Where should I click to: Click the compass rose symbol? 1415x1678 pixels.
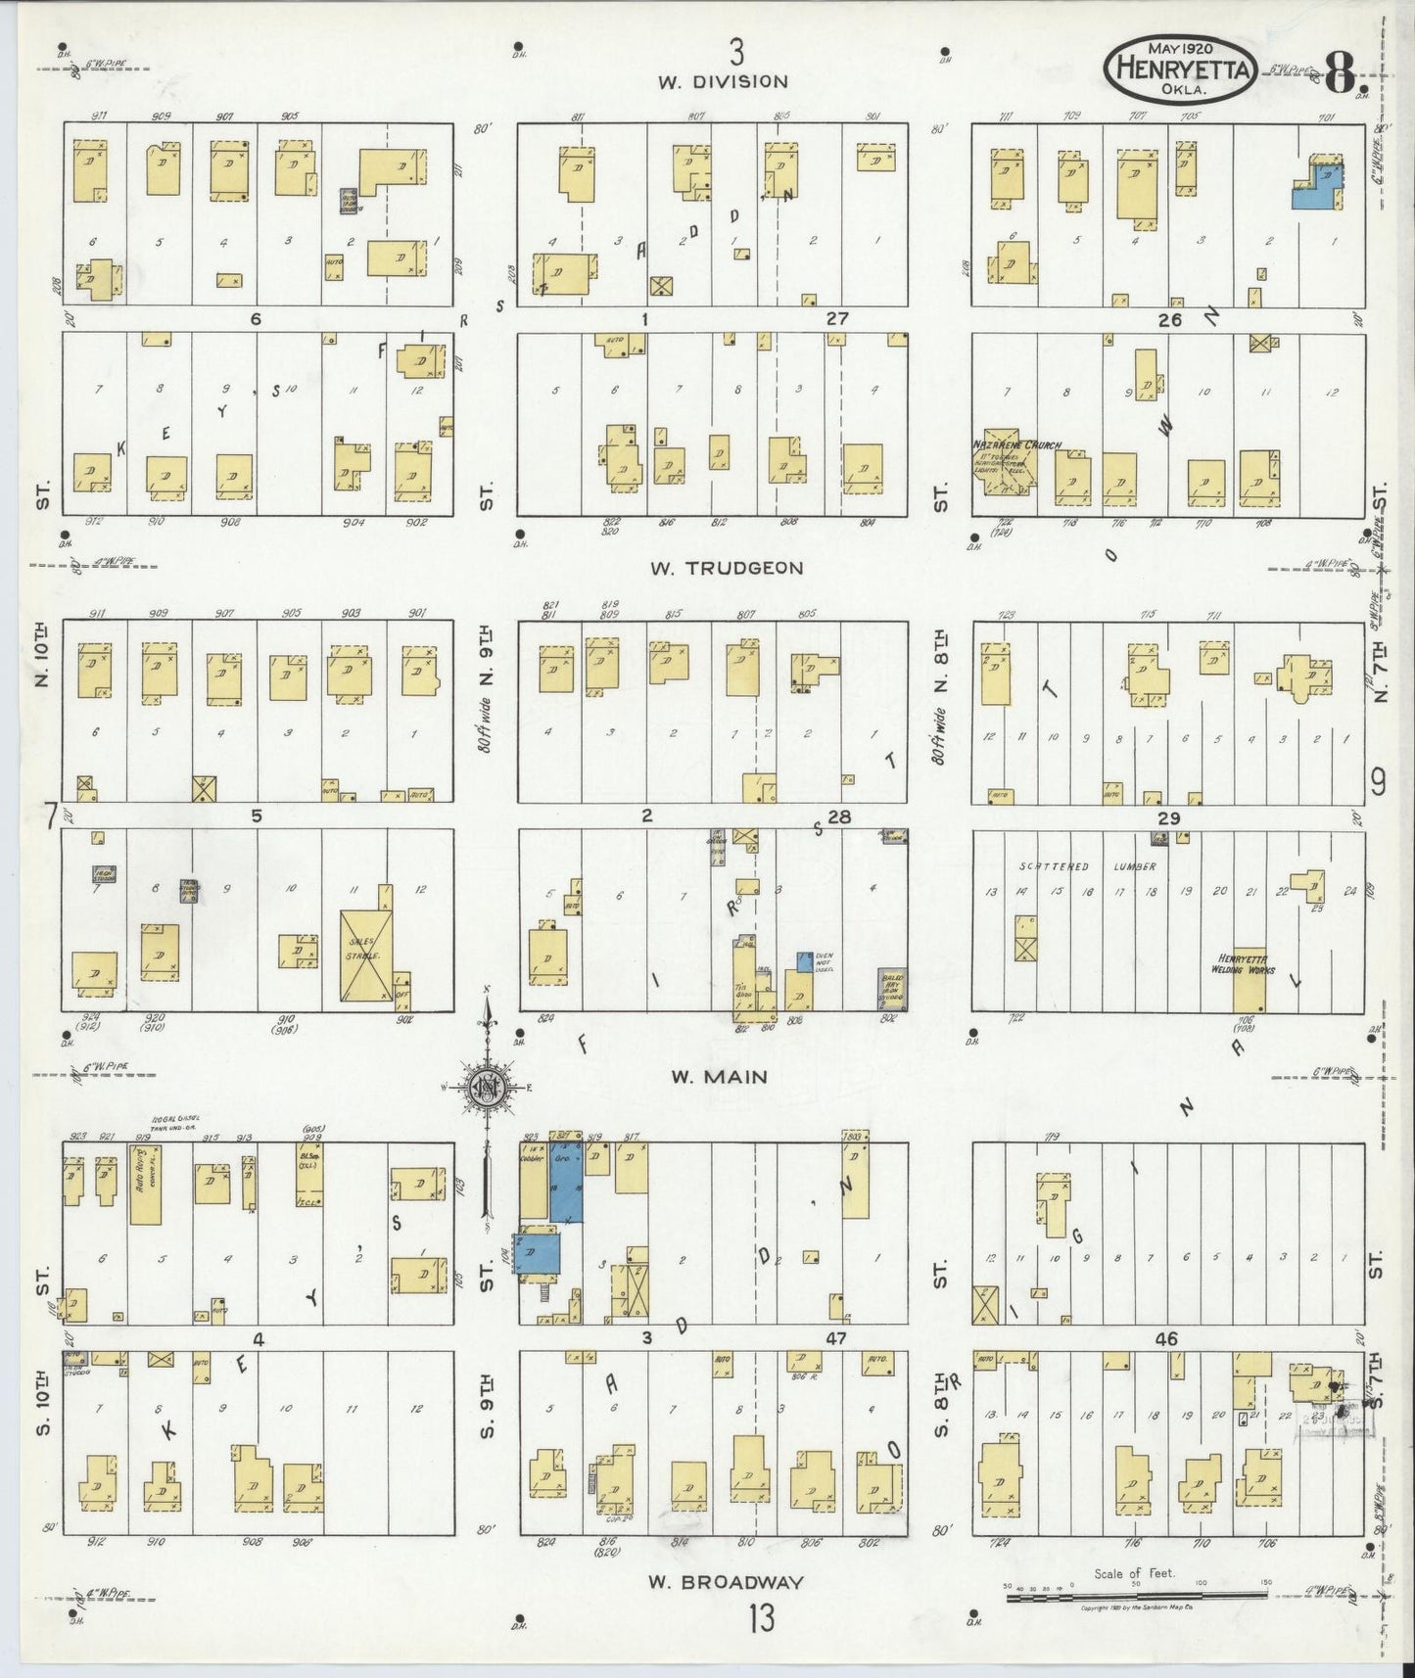pyautogui.click(x=486, y=1088)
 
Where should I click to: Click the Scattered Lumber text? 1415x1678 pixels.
pyautogui.click(x=1087, y=866)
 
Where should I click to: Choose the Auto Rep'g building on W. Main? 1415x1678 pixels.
pyautogui.click(x=145, y=1183)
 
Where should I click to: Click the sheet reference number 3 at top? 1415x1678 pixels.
pyautogui.click(x=736, y=48)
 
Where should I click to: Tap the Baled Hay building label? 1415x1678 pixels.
pyautogui.click(x=892, y=988)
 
